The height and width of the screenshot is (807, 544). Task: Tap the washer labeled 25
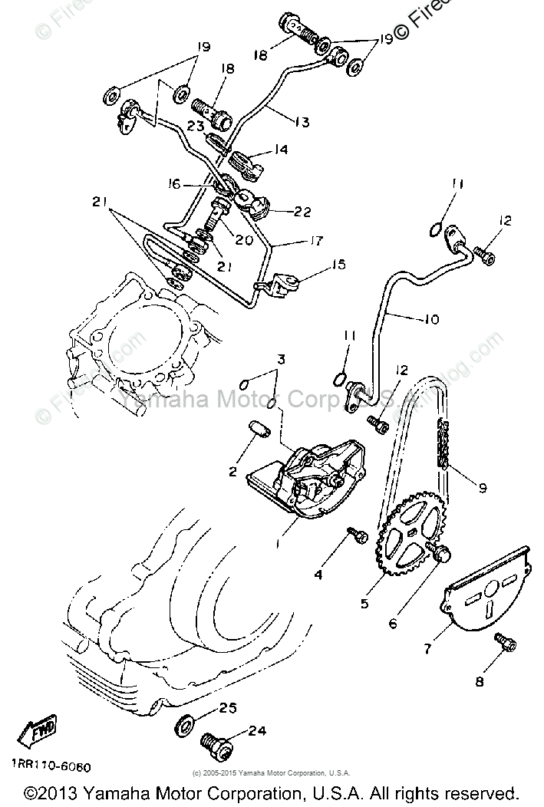coord(186,723)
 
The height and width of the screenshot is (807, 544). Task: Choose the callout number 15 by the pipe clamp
coord(338,265)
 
